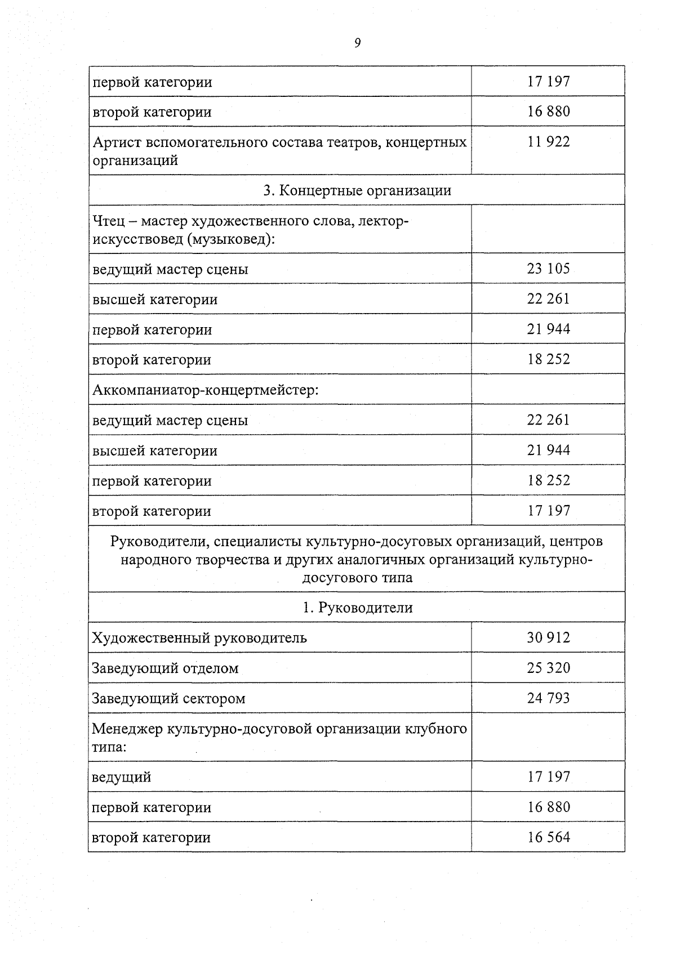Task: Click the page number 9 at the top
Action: click(x=357, y=43)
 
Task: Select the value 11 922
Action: click(x=548, y=141)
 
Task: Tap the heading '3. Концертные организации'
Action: click(x=357, y=190)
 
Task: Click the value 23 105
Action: click(x=548, y=269)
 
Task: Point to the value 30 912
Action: click(x=548, y=637)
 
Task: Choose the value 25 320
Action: click(x=548, y=668)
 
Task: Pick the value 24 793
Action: click(x=548, y=698)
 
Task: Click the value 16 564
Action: click(x=548, y=837)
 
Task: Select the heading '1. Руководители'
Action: click(x=357, y=608)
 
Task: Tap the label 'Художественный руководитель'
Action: click(x=199, y=638)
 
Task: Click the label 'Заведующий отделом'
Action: click(x=165, y=668)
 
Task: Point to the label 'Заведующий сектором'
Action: click(x=168, y=699)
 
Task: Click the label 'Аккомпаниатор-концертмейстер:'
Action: click(x=205, y=390)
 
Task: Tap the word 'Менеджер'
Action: click(x=127, y=729)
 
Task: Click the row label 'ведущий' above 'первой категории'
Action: click(x=121, y=778)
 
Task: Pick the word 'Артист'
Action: click(x=117, y=142)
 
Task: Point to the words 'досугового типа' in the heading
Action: click(x=357, y=578)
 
